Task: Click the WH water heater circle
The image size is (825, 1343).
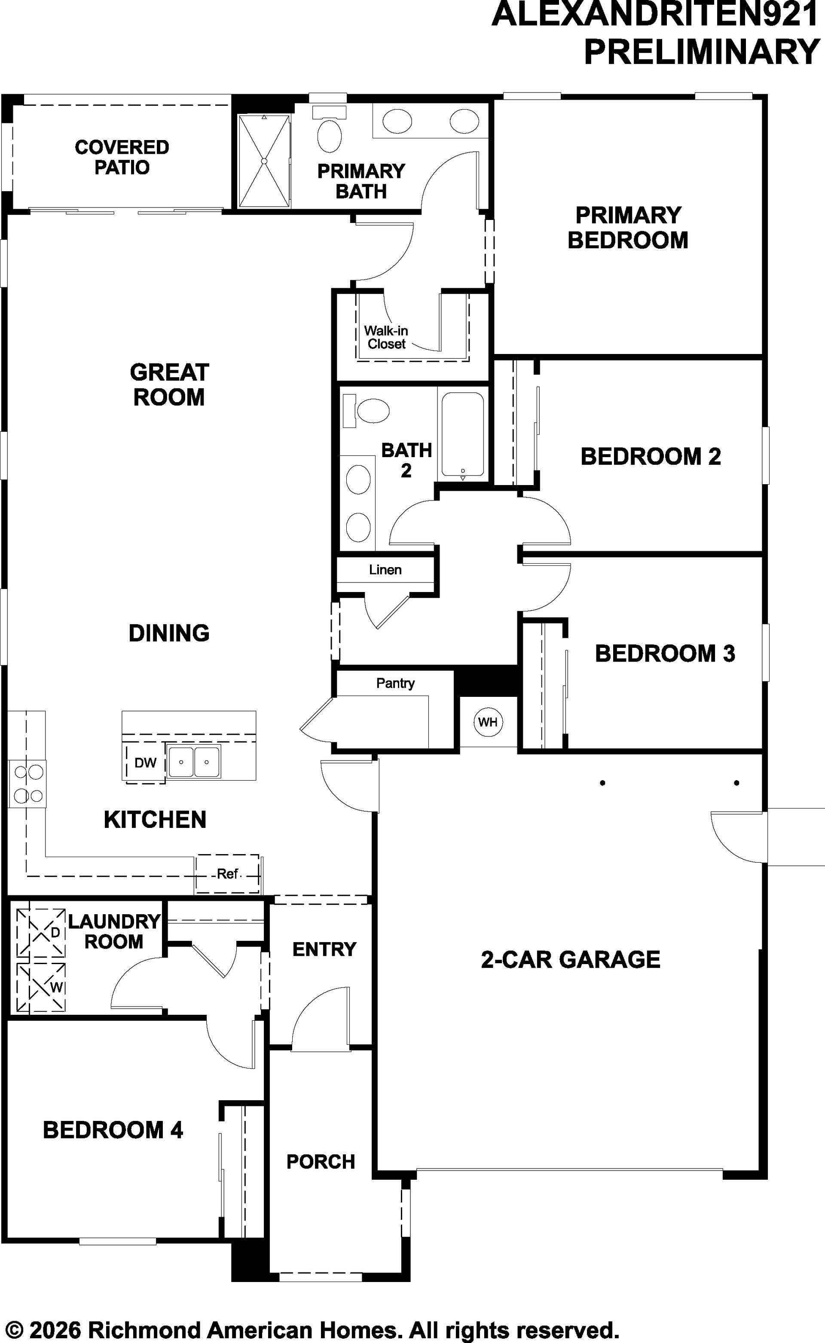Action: (x=487, y=722)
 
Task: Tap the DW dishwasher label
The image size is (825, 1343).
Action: (x=145, y=763)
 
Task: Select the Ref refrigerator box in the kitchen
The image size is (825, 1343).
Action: (x=228, y=873)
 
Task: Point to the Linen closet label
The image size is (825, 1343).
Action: (x=385, y=570)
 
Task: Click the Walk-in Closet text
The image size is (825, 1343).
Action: (x=386, y=337)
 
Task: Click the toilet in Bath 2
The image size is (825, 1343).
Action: (x=366, y=411)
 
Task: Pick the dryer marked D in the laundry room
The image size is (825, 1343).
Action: (x=41, y=932)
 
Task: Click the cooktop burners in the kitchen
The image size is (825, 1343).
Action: (x=28, y=784)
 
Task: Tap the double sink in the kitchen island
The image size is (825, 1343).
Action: (x=194, y=762)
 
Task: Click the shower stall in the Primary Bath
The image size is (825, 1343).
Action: (x=264, y=161)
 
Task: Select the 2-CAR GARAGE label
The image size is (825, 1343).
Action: (x=570, y=959)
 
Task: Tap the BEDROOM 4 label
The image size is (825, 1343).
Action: (x=113, y=1130)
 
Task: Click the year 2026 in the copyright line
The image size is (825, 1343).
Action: (x=56, y=1330)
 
